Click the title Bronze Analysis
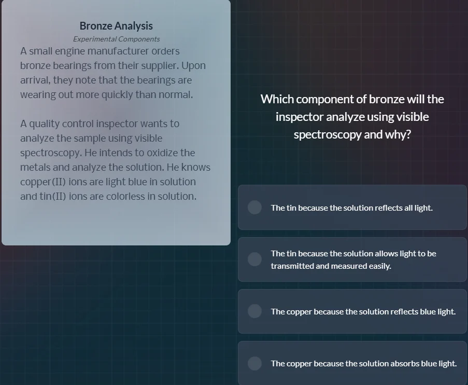pos(116,26)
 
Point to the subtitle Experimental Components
pos(116,39)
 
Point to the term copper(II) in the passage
pos(43,182)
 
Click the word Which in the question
pos(277,99)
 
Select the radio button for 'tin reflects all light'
pos(254,208)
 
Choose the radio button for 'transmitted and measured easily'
pos(254,259)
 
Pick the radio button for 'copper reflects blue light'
pos(254,311)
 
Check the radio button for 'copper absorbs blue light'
pos(254,363)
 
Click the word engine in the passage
pos(69,51)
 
